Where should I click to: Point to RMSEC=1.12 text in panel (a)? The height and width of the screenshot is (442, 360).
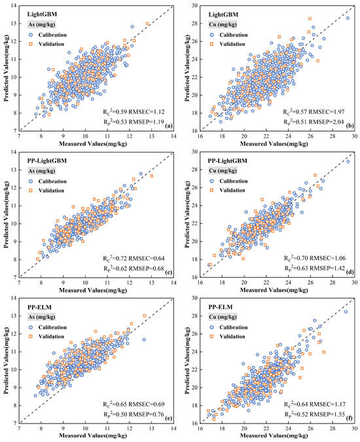pyautogui.click(x=149, y=111)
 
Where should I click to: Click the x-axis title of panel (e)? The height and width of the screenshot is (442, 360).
pyautogui.click(x=98, y=435)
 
